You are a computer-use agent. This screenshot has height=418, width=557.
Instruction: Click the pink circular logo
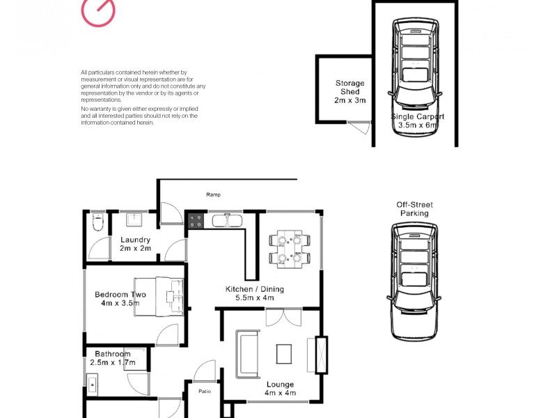coord(98,11)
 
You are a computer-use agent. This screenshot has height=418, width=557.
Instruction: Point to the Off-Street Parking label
coord(415,209)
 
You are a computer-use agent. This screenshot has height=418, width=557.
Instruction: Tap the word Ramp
coord(213,195)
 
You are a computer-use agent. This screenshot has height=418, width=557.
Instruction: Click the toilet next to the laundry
coord(97,222)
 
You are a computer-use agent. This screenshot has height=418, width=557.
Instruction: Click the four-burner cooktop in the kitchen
coord(196,222)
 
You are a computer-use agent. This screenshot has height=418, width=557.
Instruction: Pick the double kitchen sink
coord(226,222)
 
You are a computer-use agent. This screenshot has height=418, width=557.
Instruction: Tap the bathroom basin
coord(93,382)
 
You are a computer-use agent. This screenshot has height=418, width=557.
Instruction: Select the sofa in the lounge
coord(247,355)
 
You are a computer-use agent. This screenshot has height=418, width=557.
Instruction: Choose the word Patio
coord(203,391)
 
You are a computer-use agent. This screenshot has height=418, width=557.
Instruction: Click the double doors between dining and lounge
coord(284,317)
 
